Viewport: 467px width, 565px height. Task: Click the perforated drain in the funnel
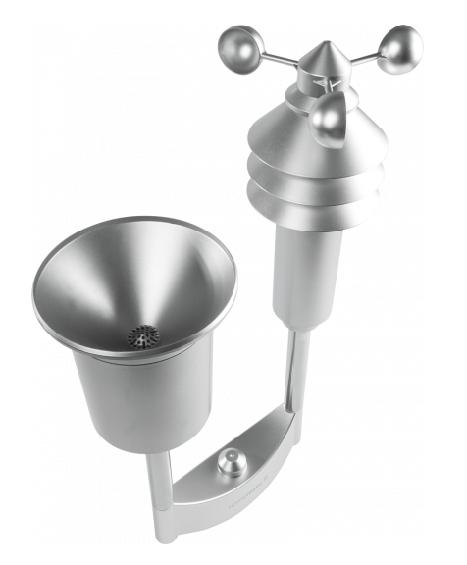click(144, 336)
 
